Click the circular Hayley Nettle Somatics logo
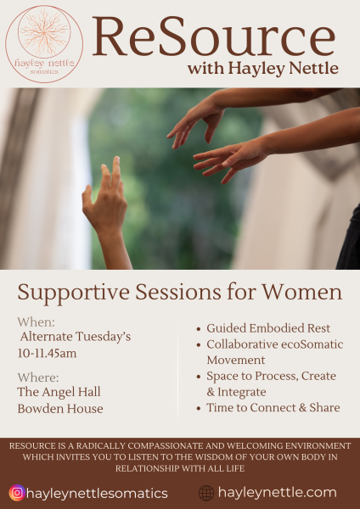tap(44, 44)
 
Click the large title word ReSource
tap(214, 37)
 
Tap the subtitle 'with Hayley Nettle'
tap(263, 68)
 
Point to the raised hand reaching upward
tap(105, 208)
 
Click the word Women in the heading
tap(302, 292)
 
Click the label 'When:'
tap(36, 322)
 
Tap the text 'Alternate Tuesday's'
tap(76, 337)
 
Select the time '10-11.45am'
tap(47, 353)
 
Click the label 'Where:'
tap(38, 378)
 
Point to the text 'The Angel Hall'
tap(59, 392)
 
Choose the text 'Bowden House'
tap(60, 409)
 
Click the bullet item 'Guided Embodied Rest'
tap(268, 328)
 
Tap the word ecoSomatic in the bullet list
tap(312, 344)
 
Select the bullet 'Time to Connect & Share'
tap(273, 407)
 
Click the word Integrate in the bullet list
tap(242, 392)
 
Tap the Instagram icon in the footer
tap(17, 493)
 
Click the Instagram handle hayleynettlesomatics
tap(97, 494)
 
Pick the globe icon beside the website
tap(206, 493)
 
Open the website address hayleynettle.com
tap(277, 493)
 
